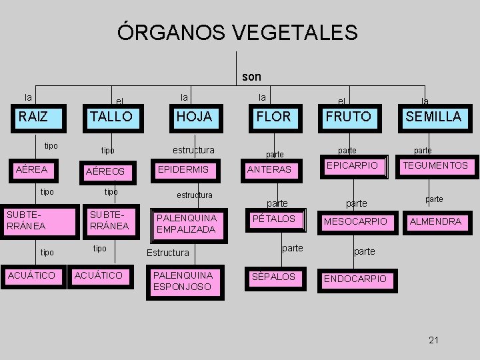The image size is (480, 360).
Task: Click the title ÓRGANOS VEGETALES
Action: (x=237, y=31)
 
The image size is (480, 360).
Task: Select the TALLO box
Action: (x=111, y=117)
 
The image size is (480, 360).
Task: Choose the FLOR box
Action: (x=273, y=117)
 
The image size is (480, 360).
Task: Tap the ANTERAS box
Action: (x=269, y=170)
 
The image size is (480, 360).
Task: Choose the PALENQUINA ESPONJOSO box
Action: (x=182, y=281)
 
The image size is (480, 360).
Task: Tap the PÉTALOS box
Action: (x=274, y=219)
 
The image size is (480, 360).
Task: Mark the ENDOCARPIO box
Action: (x=355, y=279)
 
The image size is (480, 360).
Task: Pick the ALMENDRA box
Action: (x=435, y=221)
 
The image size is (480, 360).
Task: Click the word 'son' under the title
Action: (x=251, y=77)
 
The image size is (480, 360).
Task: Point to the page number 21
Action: (x=434, y=341)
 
